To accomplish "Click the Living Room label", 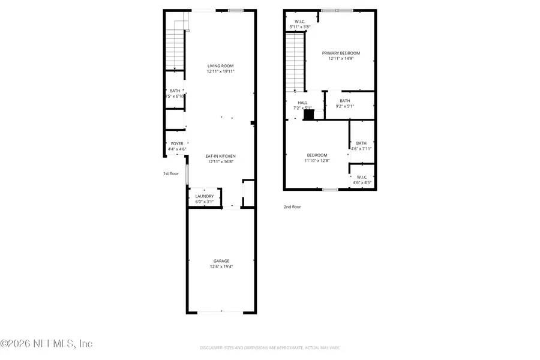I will click(x=221, y=66).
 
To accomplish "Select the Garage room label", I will click(x=221, y=261).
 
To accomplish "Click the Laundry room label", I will click(x=205, y=196).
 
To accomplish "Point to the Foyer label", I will click(x=177, y=144).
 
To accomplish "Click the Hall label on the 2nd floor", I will click(x=302, y=103).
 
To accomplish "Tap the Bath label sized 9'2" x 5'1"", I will click(x=344, y=101).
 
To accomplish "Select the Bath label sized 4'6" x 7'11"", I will click(x=361, y=143).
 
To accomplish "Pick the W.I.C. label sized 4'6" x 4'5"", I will click(x=362, y=177).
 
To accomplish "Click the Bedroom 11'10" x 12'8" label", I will click(x=317, y=155).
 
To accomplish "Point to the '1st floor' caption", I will click(x=171, y=173).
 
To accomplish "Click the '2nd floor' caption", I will click(x=292, y=207).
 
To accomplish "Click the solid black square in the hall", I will click(x=309, y=113).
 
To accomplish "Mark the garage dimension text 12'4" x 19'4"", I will click(x=221, y=266).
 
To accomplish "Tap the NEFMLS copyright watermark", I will click(x=46, y=344).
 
